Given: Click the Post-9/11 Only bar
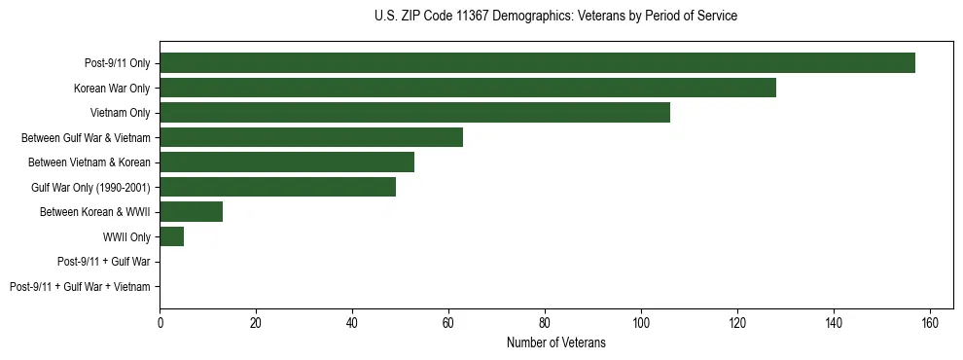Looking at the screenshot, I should click(537, 63).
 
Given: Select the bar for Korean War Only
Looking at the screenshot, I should click(468, 88).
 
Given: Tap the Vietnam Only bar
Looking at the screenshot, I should click(414, 113).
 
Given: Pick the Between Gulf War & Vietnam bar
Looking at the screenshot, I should click(311, 137).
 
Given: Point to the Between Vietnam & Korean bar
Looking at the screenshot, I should click(287, 162).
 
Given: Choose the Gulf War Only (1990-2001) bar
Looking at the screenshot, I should click(277, 187).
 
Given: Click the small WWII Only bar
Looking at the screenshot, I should click(172, 236).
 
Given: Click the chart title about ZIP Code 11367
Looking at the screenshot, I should click(555, 17).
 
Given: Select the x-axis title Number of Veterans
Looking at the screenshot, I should click(555, 342).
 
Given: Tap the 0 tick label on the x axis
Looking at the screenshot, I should click(160, 323).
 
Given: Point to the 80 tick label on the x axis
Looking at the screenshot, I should click(545, 323).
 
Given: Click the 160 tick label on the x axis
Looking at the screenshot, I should click(930, 323).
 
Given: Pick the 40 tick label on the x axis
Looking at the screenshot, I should click(352, 323).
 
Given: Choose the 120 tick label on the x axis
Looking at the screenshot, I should click(737, 323).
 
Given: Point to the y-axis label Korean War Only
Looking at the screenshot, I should click(112, 89).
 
